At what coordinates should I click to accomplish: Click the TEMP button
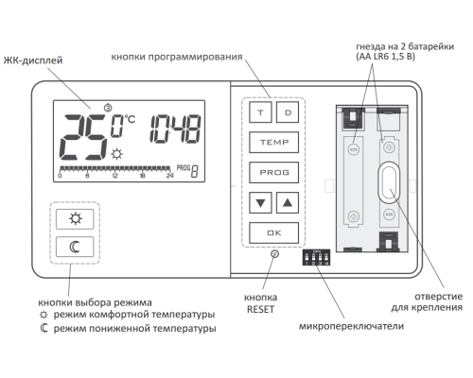[273, 143]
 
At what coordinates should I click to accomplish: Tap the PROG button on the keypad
[273, 172]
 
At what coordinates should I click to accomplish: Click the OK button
[273, 232]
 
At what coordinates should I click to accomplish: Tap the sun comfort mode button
[75, 218]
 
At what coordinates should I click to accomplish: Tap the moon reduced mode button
[75, 247]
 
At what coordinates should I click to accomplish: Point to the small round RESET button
[275, 253]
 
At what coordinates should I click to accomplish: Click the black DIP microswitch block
[316, 257]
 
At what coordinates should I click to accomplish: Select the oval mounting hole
[389, 182]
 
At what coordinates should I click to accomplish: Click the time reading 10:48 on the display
[175, 129]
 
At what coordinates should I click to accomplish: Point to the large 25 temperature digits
[84, 137]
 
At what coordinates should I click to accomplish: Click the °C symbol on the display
[130, 119]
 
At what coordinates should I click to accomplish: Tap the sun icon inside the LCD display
[117, 154]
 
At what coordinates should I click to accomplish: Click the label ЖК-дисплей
[33, 60]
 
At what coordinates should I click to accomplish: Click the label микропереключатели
[351, 326]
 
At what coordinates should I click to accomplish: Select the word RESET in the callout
[260, 309]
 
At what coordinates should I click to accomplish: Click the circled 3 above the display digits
[108, 108]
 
